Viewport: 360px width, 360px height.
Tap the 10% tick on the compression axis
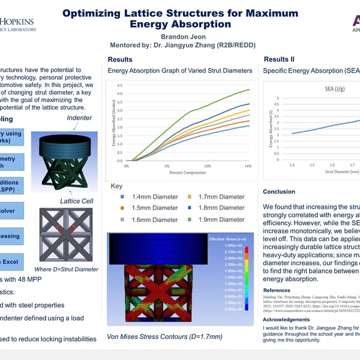pos(207,166)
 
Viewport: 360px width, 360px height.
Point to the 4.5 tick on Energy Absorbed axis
pos(119,85)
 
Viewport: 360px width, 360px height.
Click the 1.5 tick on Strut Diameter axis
pos(312,164)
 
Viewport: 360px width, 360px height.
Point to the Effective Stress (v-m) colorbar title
pos(226,238)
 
